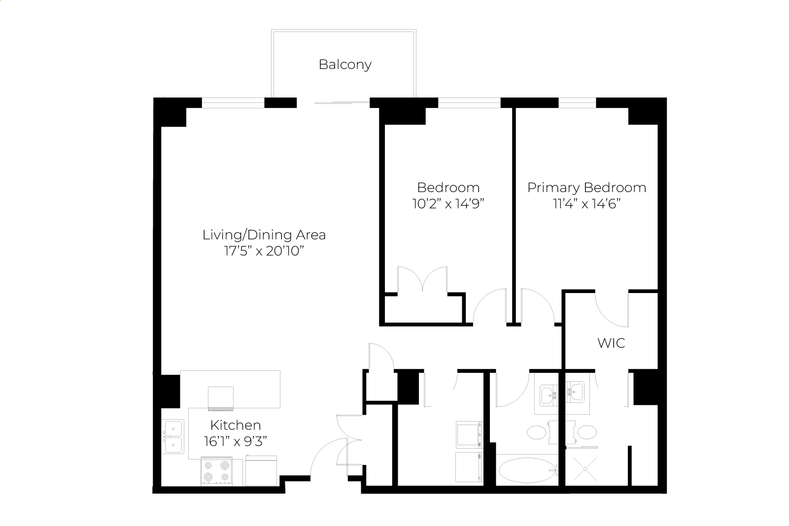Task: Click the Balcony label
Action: click(x=345, y=65)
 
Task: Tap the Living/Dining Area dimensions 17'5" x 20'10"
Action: click(x=264, y=251)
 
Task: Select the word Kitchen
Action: click(x=235, y=425)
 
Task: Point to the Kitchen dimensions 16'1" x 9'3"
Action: click(x=235, y=441)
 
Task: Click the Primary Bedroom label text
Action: click(x=586, y=188)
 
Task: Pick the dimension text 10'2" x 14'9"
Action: click(x=448, y=204)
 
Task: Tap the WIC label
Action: click(x=611, y=343)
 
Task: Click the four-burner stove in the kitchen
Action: click(x=217, y=471)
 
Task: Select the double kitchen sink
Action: click(x=173, y=436)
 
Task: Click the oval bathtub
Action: click(x=527, y=470)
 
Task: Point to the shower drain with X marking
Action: click(x=585, y=469)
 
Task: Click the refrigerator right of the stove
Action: click(x=261, y=470)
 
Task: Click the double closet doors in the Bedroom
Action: click(x=423, y=279)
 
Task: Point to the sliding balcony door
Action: click(x=342, y=102)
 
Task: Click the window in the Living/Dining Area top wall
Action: click(x=233, y=103)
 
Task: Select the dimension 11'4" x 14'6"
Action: click(x=586, y=204)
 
